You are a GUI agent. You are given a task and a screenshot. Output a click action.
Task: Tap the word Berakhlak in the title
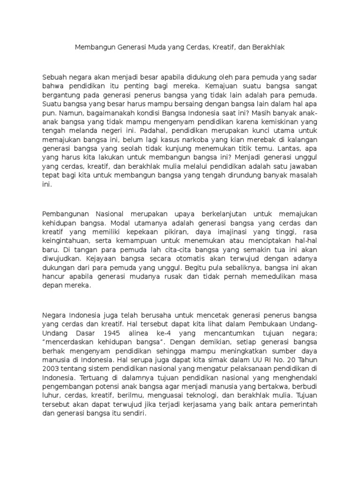pos(268,47)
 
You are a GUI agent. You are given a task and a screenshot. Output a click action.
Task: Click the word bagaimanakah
pos(103,113)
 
